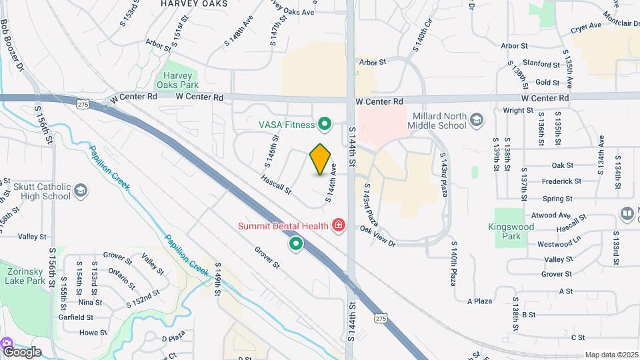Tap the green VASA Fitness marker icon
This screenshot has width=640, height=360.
click(325, 124)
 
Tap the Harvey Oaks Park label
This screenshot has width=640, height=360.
click(178, 81)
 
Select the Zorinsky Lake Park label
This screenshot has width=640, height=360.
click(26, 277)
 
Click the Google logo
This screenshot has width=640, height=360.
click(21, 351)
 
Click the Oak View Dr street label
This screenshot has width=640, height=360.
click(378, 237)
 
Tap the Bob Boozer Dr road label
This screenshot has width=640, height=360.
click(12, 46)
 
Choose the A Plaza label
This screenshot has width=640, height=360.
click(479, 301)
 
